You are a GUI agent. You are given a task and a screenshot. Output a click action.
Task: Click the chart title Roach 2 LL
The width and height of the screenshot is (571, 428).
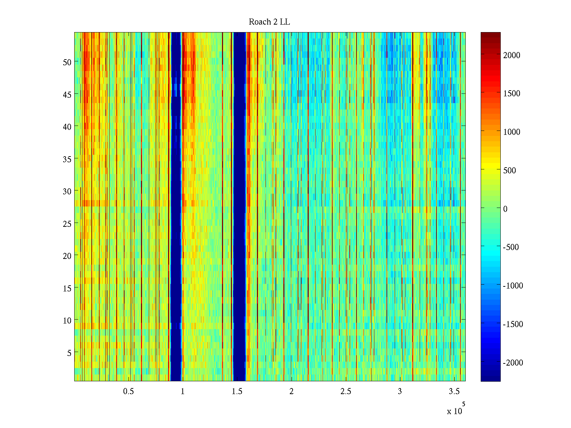[x=269, y=22]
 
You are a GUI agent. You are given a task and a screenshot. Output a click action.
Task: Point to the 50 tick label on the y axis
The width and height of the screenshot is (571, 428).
[x=67, y=62]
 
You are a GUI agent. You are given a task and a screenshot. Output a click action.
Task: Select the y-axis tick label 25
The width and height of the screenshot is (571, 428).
[x=67, y=224]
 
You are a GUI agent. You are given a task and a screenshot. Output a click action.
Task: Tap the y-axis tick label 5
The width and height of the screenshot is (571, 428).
[x=69, y=353]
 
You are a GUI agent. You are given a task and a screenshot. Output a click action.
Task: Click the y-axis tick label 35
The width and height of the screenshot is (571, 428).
[x=67, y=159]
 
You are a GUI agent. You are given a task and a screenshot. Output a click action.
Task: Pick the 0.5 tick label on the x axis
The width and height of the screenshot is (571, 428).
[x=128, y=392]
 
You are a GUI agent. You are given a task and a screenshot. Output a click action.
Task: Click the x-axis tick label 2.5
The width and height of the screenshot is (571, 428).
[x=345, y=392]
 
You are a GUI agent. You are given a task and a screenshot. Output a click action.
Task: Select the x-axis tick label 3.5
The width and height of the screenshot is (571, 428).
[x=454, y=392]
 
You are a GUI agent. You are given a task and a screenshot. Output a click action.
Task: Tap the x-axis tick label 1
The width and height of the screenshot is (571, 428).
[x=183, y=392]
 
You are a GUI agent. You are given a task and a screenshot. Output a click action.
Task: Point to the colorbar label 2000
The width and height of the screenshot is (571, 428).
[x=512, y=55]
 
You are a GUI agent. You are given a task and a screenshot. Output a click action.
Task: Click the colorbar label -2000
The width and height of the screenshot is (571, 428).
[x=513, y=363]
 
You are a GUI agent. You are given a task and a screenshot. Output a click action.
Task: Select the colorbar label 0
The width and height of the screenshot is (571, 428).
[x=505, y=209]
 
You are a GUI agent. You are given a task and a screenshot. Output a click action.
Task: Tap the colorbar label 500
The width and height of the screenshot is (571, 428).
[x=510, y=170]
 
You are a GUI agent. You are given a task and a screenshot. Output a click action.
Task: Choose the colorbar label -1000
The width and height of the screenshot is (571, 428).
[x=513, y=286]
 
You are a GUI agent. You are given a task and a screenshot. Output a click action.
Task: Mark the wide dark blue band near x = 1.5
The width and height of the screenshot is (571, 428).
[x=239, y=207]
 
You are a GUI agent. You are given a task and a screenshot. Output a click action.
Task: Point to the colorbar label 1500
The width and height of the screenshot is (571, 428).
[x=512, y=94]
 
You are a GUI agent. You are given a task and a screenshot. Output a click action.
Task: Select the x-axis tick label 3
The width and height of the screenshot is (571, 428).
[x=400, y=392]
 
